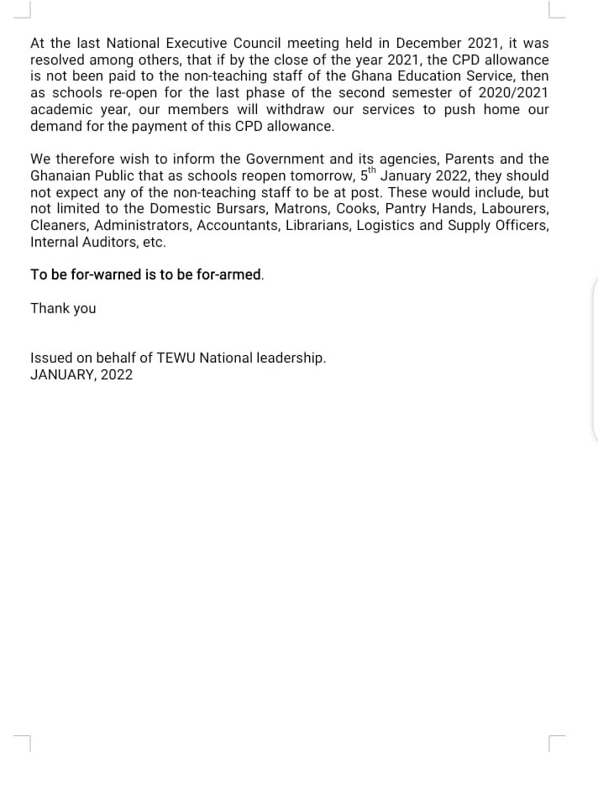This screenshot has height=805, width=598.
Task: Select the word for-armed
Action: click(x=229, y=274)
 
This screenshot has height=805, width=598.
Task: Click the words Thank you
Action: click(x=63, y=308)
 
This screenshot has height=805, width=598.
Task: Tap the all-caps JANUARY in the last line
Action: click(x=62, y=374)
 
